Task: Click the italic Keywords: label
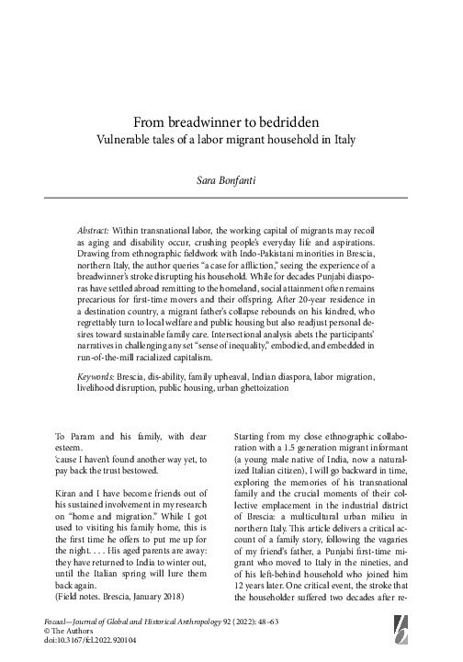click(x=98, y=378)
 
